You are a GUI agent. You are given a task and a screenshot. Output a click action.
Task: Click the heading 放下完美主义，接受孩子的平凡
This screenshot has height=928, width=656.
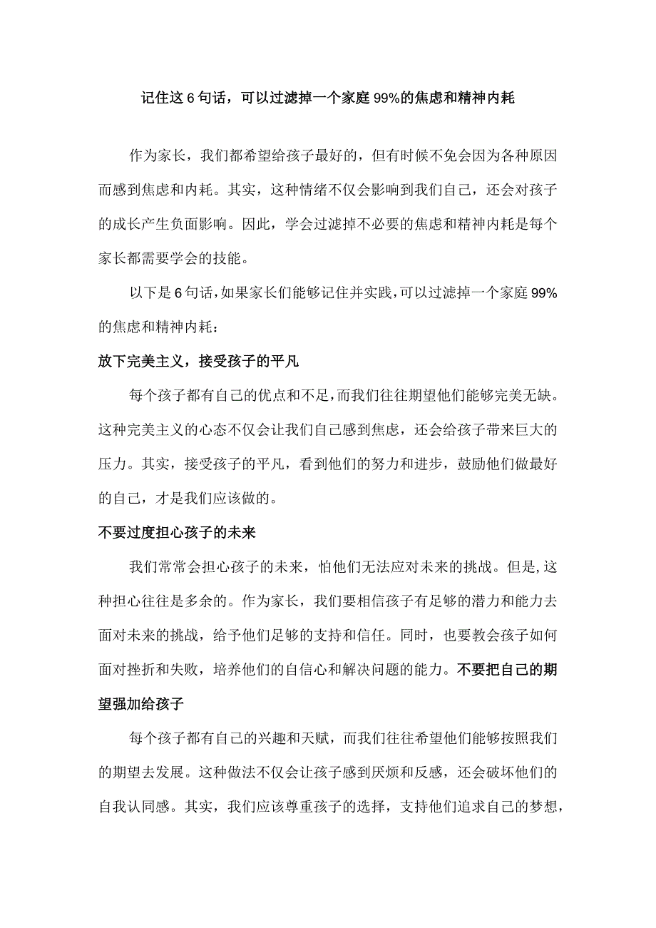(x=198, y=362)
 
